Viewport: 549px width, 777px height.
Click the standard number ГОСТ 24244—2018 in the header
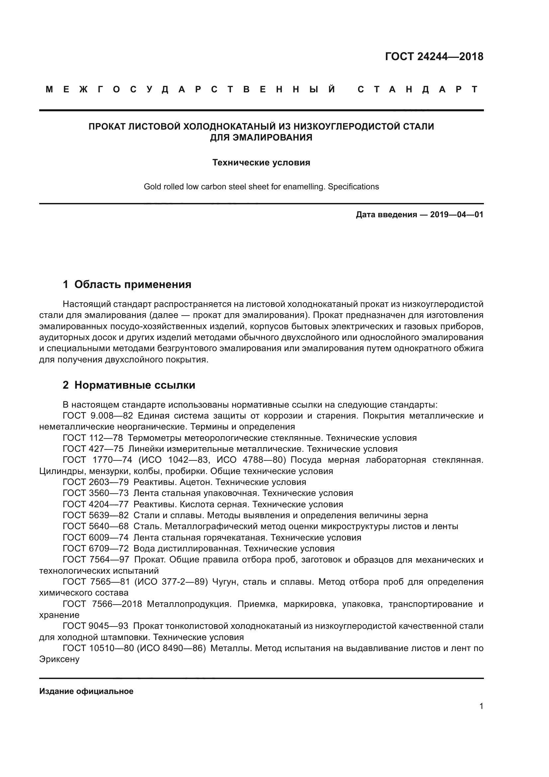(x=434, y=56)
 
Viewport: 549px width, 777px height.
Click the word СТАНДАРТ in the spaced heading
(x=418, y=89)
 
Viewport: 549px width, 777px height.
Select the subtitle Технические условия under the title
(x=261, y=162)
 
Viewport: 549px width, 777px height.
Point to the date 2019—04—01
(x=456, y=215)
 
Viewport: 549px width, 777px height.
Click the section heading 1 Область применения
(x=127, y=284)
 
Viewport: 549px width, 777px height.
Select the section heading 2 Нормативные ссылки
(x=129, y=385)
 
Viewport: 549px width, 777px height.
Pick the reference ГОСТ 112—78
(x=93, y=438)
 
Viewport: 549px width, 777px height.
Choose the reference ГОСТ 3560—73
(x=95, y=493)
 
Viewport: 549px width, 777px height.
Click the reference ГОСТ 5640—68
(x=95, y=527)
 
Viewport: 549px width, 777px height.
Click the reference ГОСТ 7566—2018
(x=102, y=604)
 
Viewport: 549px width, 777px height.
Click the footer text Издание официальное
(x=86, y=691)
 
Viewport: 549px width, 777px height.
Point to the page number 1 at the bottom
(x=481, y=706)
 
